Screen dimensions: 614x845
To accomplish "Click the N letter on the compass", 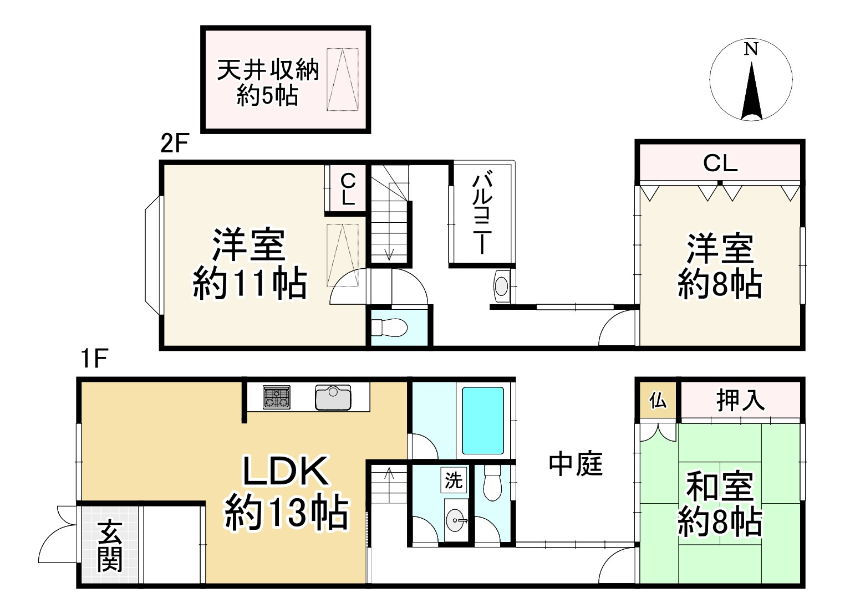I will (751, 49).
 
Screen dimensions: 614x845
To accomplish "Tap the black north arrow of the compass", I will (751, 91).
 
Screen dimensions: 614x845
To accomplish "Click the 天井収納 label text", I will (268, 70).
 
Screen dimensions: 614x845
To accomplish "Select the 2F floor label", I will (175, 144).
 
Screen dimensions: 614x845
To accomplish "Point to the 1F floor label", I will (93, 359).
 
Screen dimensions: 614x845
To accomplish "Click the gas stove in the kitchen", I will (277, 397).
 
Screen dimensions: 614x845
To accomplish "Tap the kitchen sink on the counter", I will (333, 397).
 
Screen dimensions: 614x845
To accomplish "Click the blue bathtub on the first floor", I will (483, 421).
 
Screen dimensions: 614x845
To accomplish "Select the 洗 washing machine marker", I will (454, 480).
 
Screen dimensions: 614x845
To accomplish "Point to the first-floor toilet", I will (492, 482).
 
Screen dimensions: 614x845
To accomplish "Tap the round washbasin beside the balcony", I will (501, 286).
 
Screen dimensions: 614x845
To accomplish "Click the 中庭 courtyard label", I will (576, 464).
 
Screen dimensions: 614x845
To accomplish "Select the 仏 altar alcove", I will (658, 400).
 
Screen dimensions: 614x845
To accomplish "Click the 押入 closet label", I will (741, 400).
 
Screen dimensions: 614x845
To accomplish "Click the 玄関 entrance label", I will (110, 546).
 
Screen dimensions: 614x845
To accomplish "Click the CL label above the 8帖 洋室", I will (720, 163).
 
